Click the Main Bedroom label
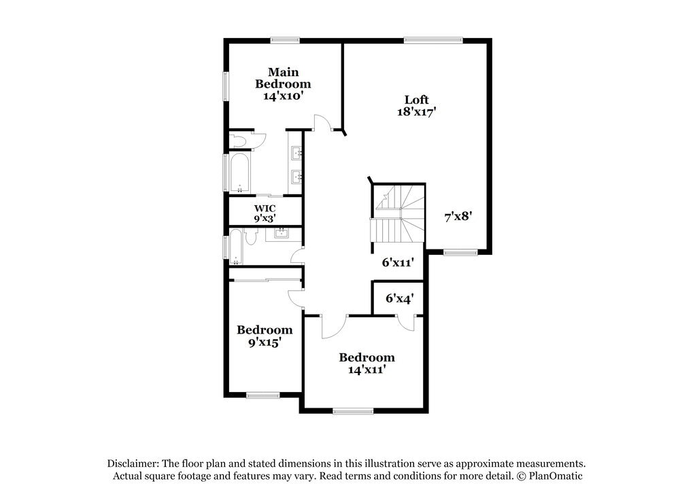tap(283, 84)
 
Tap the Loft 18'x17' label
tap(416, 106)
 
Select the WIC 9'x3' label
tap(265, 213)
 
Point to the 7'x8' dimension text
tap(458, 216)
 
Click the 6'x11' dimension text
tap(397, 261)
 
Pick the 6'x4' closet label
tap(399, 298)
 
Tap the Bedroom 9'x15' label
tap(265, 336)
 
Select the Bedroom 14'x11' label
tap(367, 364)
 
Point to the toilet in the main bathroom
tap(239, 141)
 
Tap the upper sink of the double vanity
tap(296, 154)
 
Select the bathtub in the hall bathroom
tap(235, 247)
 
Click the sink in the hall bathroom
tap(282, 234)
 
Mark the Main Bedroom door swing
tap(322, 123)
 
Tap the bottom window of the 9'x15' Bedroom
tap(262, 395)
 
